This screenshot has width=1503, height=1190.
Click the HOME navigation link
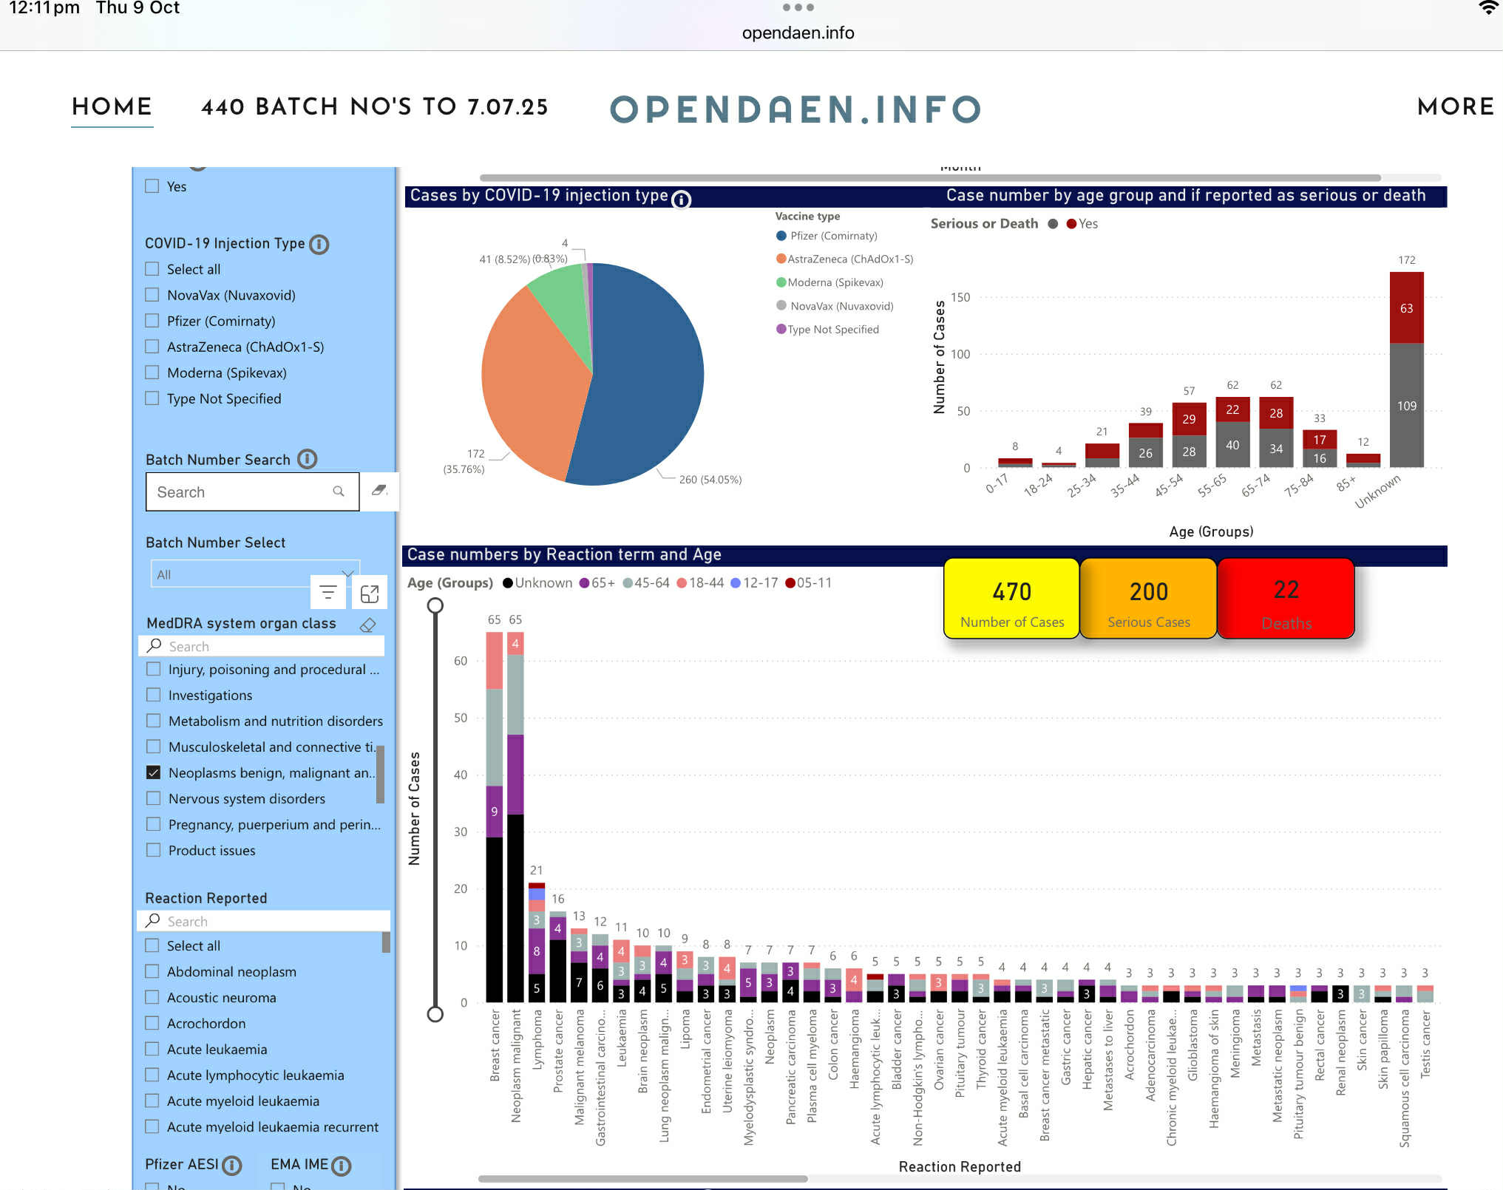tap(112, 107)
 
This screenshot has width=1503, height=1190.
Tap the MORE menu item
tap(1455, 107)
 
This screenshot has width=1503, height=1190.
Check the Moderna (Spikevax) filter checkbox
tap(152, 373)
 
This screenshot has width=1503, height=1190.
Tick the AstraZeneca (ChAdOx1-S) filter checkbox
tap(152, 347)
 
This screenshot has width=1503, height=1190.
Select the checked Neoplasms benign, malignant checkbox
tap(154, 772)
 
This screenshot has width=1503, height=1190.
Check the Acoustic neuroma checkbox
tap(152, 997)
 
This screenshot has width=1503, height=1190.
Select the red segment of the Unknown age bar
tap(1406, 307)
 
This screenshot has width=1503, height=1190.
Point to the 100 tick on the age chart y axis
tap(960, 354)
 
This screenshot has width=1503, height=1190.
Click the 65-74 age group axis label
tap(1255, 486)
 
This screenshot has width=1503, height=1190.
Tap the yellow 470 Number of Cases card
tap(1011, 599)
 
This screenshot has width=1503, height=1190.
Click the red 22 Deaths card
tap(1286, 599)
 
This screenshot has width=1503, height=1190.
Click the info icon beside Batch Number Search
tap(308, 459)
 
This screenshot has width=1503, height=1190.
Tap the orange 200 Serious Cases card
tap(1148, 599)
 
